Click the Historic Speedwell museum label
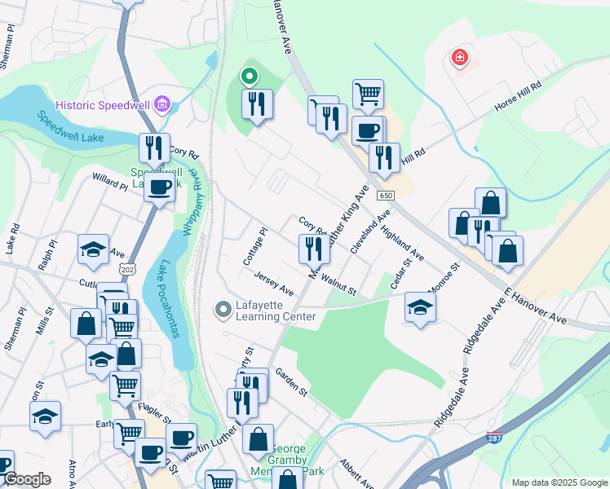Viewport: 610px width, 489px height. (x=103, y=105)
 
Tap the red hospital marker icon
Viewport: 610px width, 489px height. (x=460, y=58)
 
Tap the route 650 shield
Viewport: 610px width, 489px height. (x=386, y=196)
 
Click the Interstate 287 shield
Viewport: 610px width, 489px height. (x=494, y=438)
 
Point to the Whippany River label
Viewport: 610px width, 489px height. (x=192, y=202)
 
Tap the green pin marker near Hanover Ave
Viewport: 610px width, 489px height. (x=250, y=78)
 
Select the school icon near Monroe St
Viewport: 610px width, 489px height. (x=420, y=306)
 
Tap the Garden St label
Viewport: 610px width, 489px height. (x=290, y=381)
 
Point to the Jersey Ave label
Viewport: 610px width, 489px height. (x=273, y=284)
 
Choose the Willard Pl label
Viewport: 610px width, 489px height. (x=109, y=181)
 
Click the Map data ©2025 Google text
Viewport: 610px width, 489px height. (x=559, y=482)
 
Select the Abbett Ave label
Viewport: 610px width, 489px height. (x=356, y=470)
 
